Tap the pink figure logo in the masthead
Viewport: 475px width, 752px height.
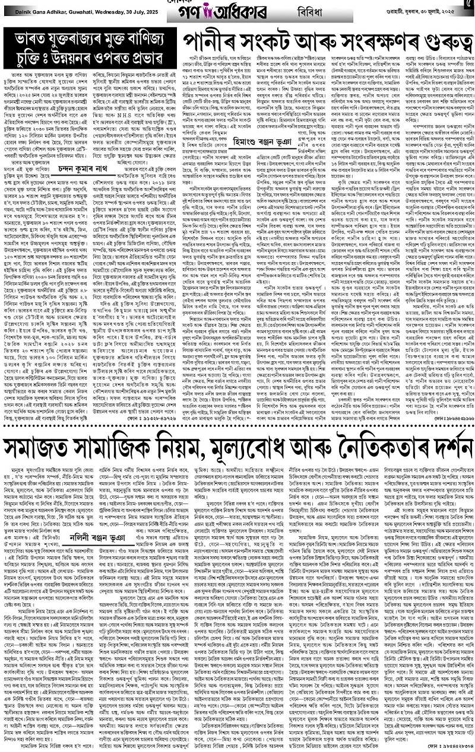pyautogui.click(x=207, y=11)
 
